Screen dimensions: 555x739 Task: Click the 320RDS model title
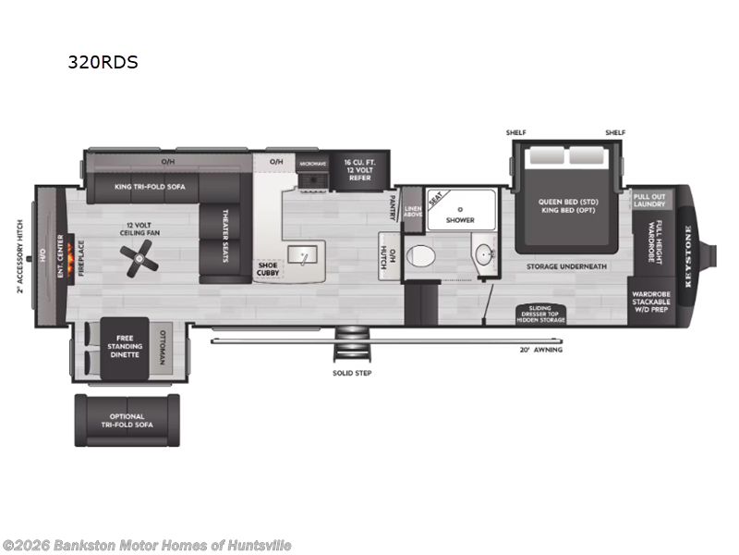coord(102,63)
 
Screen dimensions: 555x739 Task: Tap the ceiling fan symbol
coord(139,256)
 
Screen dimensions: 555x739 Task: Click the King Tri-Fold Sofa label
coord(149,187)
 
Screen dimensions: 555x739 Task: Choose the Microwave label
coord(312,163)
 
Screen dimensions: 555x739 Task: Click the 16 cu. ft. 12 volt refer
coord(360,169)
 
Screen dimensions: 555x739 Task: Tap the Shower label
coord(460,220)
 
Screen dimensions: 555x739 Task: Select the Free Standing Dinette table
coord(124,347)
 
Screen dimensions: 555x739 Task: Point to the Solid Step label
coord(351,374)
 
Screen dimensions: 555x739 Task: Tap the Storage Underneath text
coord(567,266)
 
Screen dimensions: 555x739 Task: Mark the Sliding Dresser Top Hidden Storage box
coord(541,313)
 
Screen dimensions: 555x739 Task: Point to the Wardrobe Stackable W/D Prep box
coord(651,302)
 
